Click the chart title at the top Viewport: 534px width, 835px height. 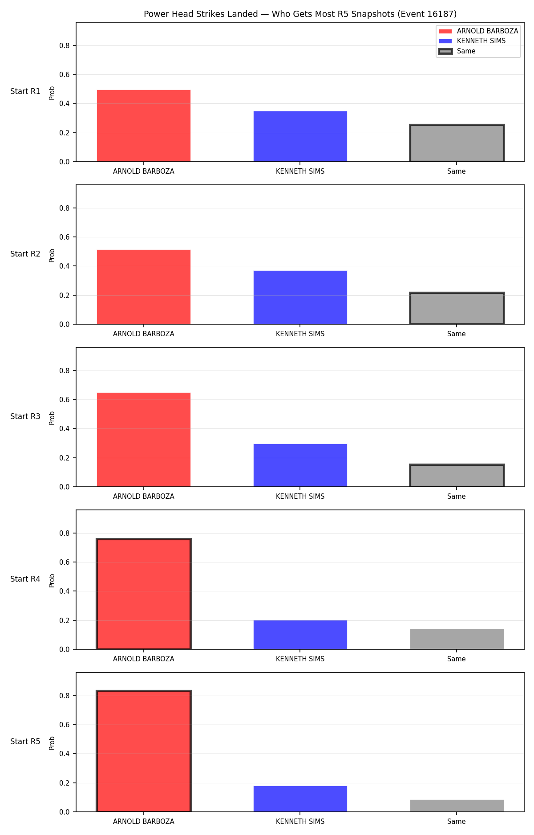(300, 14)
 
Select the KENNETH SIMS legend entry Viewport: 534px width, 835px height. (472, 41)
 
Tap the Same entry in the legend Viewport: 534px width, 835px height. (457, 51)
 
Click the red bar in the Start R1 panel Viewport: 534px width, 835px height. (144, 126)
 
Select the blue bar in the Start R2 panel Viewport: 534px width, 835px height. (300, 297)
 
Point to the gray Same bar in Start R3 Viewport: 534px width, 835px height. (457, 476)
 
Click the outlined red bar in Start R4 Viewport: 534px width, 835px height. (144, 594)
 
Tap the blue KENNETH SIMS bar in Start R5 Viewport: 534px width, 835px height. (300, 799)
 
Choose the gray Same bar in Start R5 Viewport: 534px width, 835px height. (457, 806)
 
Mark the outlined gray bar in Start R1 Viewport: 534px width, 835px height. (457, 143)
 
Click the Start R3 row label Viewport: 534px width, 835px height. (25, 416)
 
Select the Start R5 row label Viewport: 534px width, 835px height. (25, 741)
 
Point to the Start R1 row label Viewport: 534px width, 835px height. (25, 91)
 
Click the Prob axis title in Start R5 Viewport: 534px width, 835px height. (52, 743)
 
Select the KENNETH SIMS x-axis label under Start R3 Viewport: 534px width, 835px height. (300, 496)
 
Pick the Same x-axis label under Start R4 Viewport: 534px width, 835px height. (457, 659)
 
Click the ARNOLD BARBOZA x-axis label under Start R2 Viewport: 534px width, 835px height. (144, 334)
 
